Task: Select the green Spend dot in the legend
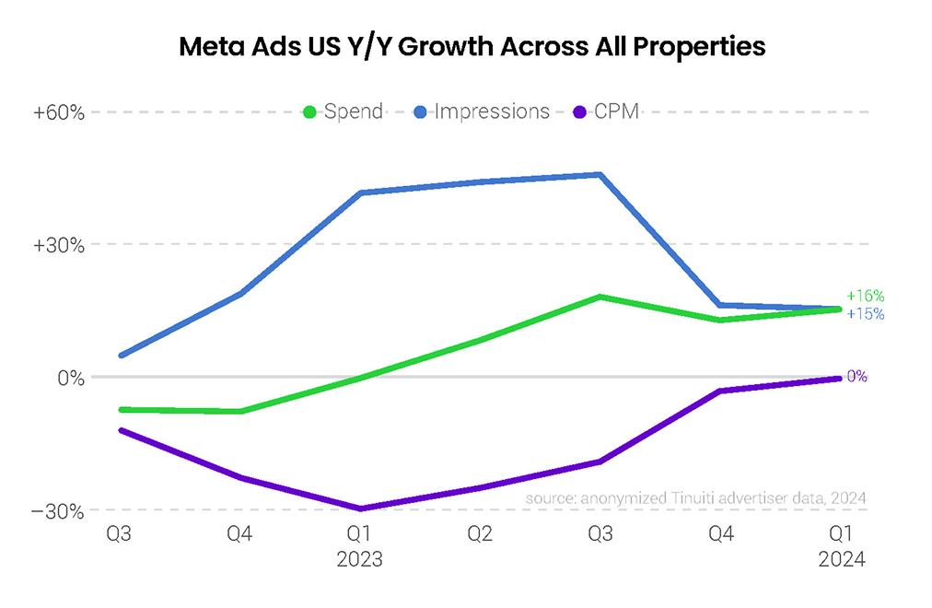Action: [x=310, y=112]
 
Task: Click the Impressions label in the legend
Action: [x=492, y=112]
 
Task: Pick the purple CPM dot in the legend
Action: [x=579, y=112]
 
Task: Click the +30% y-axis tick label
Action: [x=59, y=245]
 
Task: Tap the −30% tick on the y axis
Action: [x=59, y=510]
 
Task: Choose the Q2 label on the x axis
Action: [x=480, y=535]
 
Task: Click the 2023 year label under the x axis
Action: [x=360, y=559]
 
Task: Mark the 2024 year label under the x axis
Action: [x=842, y=559]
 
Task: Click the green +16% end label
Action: [x=866, y=297]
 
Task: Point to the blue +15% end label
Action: [x=866, y=314]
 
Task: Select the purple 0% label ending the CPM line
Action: [x=857, y=377]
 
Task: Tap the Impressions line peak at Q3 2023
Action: [x=600, y=174]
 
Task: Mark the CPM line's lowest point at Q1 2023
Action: [x=360, y=509]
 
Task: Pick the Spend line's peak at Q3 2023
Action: [x=600, y=297]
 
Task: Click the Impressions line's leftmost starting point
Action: [x=122, y=355]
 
